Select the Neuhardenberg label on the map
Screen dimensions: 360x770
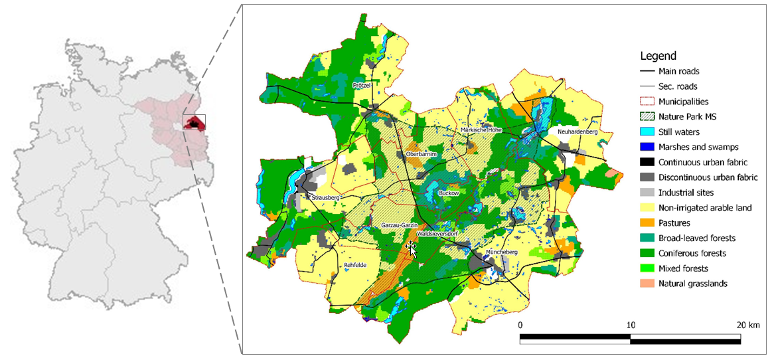click(x=577, y=132)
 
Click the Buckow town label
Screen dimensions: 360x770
click(x=449, y=193)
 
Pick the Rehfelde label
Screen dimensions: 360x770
click(x=355, y=265)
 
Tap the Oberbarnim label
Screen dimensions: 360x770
click(x=420, y=154)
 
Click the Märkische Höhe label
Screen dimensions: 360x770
click(x=481, y=130)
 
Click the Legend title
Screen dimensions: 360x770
click(x=658, y=56)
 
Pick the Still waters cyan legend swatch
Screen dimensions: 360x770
click(x=647, y=132)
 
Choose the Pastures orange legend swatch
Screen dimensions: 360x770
click(x=647, y=223)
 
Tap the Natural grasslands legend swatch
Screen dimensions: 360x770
click(x=647, y=284)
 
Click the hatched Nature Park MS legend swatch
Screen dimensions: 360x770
click(x=647, y=117)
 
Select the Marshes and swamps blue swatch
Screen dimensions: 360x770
click(x=647, y=147)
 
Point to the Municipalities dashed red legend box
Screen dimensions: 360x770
click(x=647, y=102)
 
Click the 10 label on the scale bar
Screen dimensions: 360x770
click(x=631, y=325)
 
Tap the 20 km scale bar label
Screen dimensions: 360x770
click(x=749, y=325)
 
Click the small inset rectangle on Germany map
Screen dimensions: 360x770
click(x=194, y=122)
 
